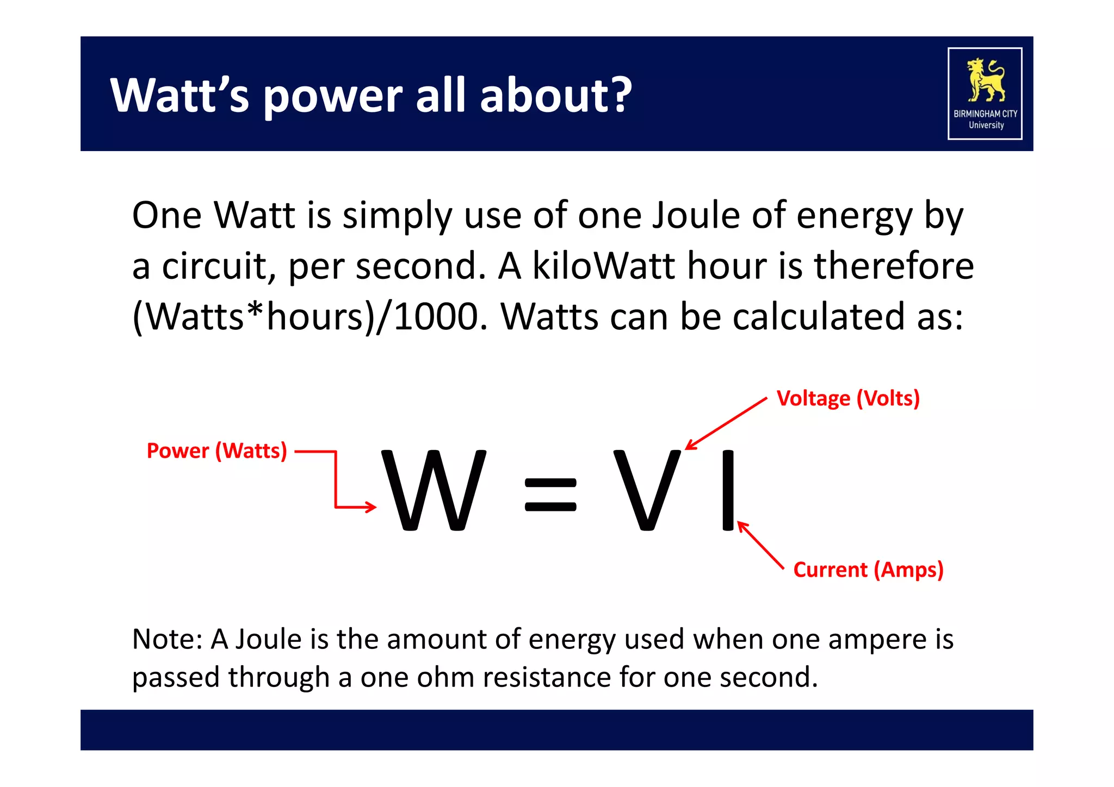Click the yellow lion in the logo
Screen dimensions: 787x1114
click(x=985, y=80)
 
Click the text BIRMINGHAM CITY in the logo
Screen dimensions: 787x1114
click(x=985, y=114)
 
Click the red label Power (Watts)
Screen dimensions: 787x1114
click(x=216, y=451)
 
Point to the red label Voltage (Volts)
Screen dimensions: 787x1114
click(x=848, y=398)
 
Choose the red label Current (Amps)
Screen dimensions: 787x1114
click(x=868, y=570)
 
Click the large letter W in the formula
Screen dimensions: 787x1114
click(x=434, y=490)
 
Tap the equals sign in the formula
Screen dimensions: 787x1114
click(x=550, y=495)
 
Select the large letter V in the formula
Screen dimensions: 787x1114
click(x=647, y=490)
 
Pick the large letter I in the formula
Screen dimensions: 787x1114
click(x=727, y=490)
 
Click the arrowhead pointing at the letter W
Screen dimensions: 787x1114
click(x=371, y=507)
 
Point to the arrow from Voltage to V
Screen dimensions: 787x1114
click(x=726, y=424)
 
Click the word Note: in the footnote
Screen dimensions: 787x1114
click(x=167, y=639)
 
